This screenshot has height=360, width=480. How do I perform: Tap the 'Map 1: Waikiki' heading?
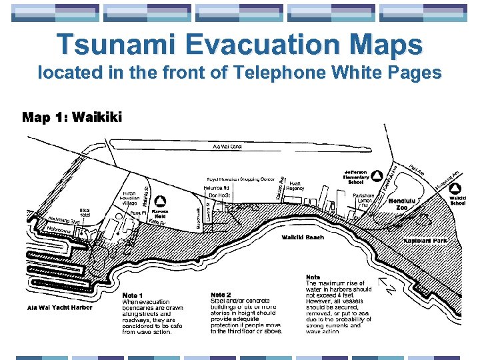click(x=72, y=118)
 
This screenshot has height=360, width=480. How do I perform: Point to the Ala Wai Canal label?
click(x=227, y=145)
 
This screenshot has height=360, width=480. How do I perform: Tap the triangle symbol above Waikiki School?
click(x=458, y=188)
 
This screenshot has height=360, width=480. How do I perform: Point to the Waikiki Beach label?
click(x=303, y=237)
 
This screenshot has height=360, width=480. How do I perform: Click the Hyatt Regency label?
click(x=295, y=185)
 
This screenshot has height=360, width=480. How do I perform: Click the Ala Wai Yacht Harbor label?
click(x=60, y=307)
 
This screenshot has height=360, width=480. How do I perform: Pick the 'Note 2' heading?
click(x=221, y=295)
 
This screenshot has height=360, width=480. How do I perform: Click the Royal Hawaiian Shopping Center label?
click(x=240, y=179)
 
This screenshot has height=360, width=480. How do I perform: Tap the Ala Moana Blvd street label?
click(x=65, y=220)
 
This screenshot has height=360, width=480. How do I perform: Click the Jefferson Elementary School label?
click(x=356, y=177)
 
